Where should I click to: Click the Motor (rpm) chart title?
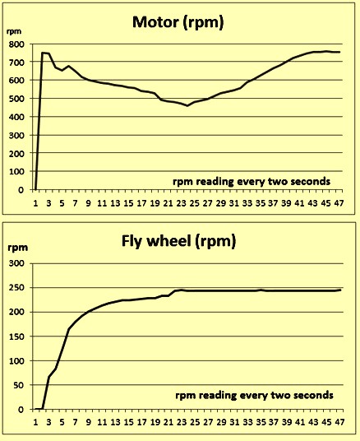(178, 22)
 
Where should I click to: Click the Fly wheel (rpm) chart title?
(178, 242)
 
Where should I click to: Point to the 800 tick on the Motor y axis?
(16, 44)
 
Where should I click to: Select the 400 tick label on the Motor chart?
(16, 117)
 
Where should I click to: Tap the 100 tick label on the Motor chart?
(16, 171)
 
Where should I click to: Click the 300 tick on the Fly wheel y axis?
(16, 263)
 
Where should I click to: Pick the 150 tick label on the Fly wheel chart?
(16, 337)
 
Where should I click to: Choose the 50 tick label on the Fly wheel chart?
(20, 385)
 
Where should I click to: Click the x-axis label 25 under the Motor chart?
(195, 203)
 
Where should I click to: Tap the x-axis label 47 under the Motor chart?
(339, 203)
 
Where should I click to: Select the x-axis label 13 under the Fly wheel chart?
(115, 422)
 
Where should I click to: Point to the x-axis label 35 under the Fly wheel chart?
(261, 422)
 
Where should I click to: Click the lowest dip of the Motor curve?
(187, 106)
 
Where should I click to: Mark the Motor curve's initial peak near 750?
(43, 53)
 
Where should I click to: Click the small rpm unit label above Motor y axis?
(14, 31)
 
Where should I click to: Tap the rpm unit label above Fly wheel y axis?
(18, 248)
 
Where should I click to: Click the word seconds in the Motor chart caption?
(310, 182)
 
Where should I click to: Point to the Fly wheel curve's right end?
(340, 290)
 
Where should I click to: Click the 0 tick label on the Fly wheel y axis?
(21, 410)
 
